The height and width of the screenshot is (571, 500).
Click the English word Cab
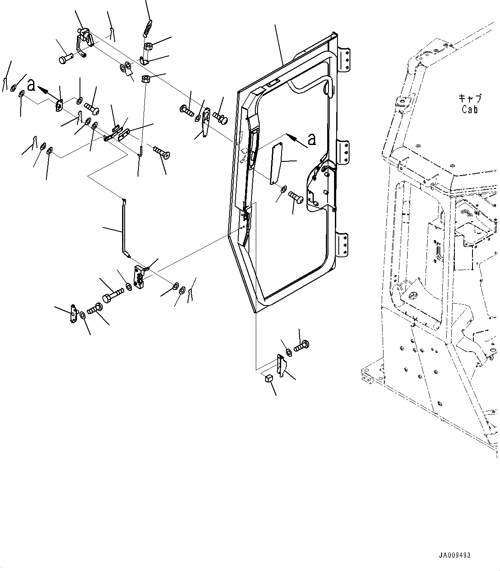click(469, 109)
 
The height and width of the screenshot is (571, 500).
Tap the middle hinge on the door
click(344, 151)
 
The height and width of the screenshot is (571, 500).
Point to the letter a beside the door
click(312, 139)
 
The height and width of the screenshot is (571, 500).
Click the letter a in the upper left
click(31, 85)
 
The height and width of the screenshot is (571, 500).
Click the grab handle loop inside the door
click(329, 86)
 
